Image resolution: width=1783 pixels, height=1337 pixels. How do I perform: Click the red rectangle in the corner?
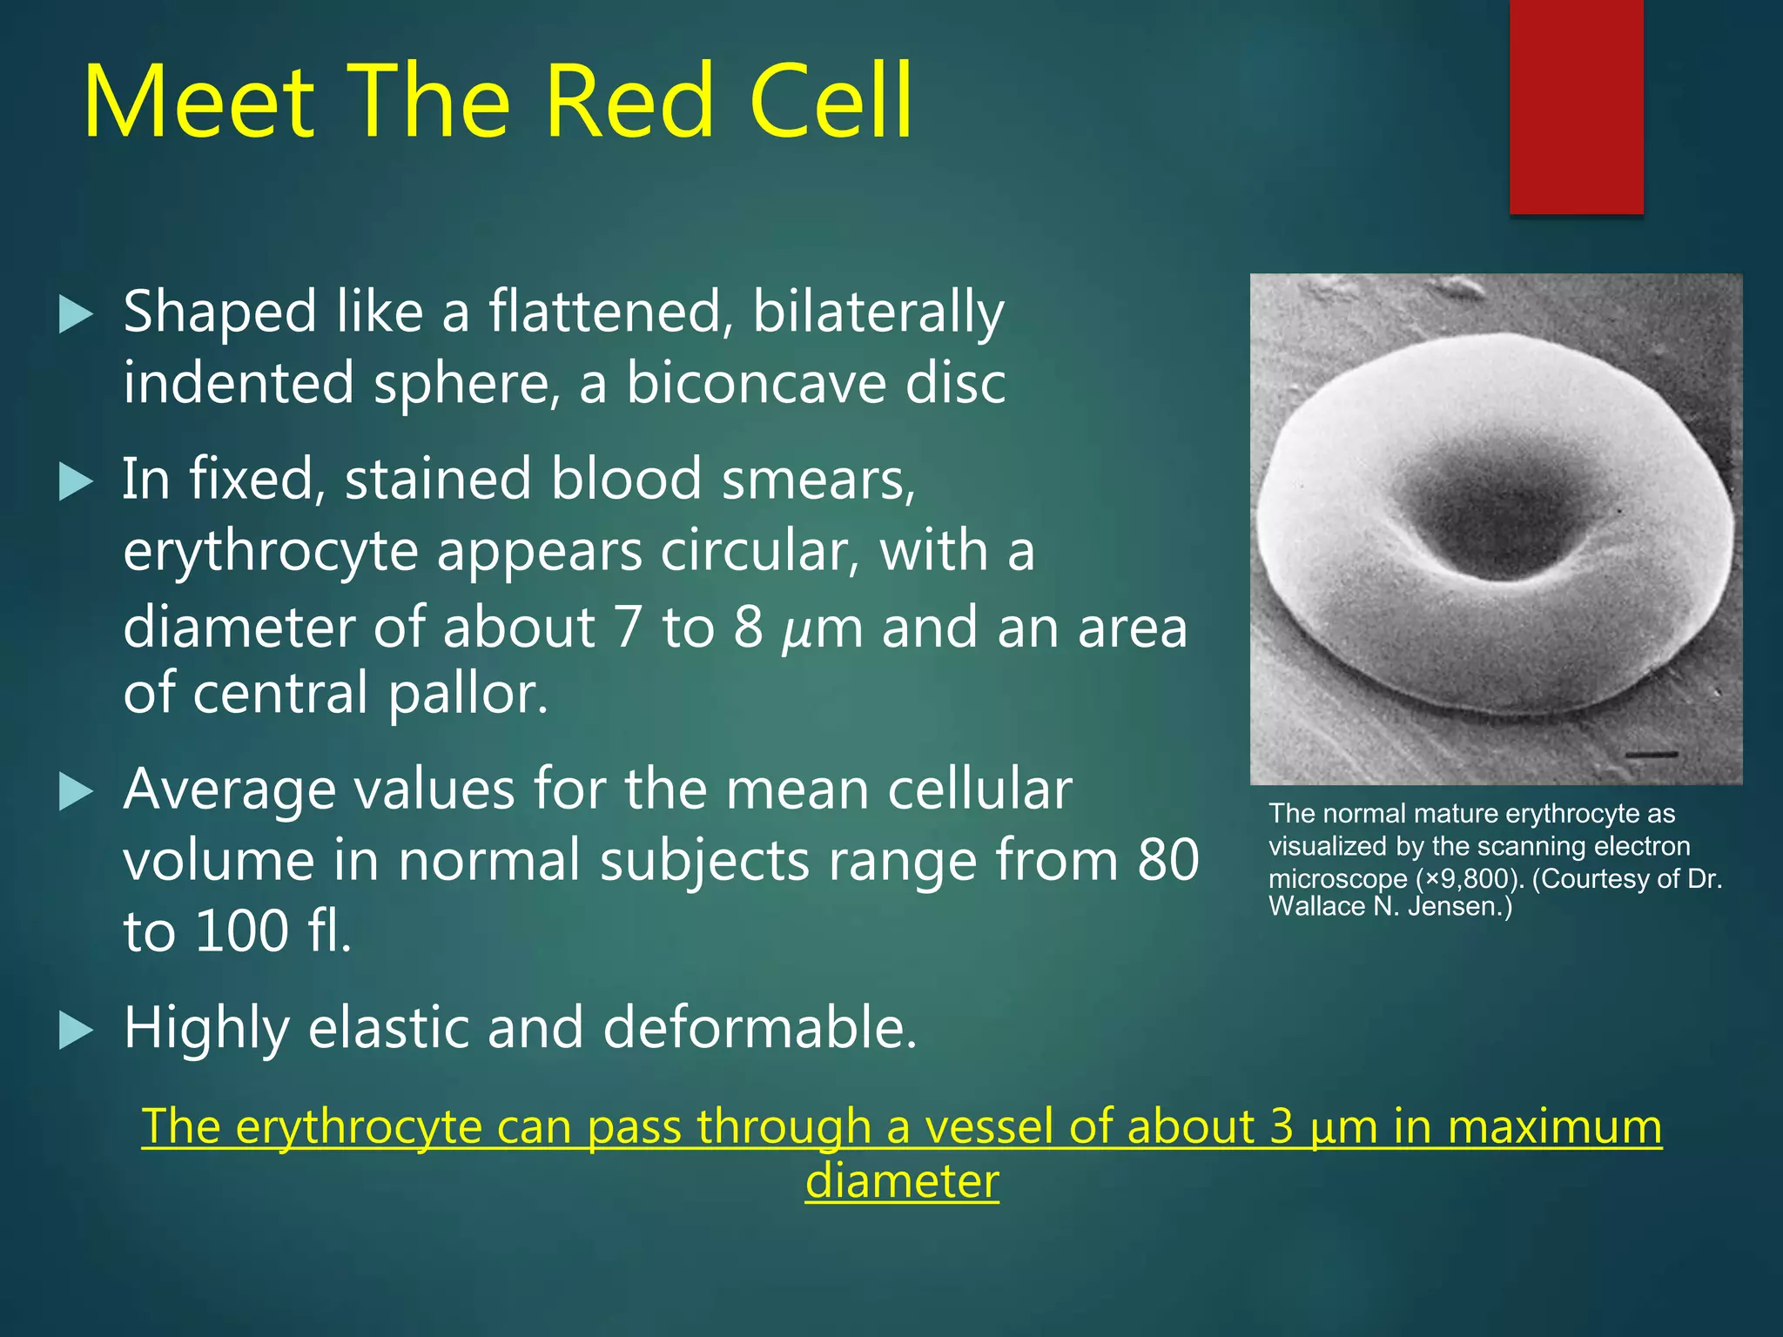[x=1576, y=106]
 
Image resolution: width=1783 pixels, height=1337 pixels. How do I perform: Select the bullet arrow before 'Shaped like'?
[x=76, y=314]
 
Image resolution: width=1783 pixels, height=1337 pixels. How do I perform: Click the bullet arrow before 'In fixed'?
[x=76, y=481]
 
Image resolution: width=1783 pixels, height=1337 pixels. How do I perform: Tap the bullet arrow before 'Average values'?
[x=76, y=792]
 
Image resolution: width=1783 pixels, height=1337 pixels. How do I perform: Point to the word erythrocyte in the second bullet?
[x=270, y=552]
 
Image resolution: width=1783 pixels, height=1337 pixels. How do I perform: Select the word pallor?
[x=468, y=695]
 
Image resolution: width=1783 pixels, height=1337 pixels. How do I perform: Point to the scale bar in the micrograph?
[x=1651, y=753]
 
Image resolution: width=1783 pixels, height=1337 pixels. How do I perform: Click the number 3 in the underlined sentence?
[x=1282, y=1126]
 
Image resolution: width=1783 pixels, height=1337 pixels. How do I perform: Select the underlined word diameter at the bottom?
[x=902, y=1182]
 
